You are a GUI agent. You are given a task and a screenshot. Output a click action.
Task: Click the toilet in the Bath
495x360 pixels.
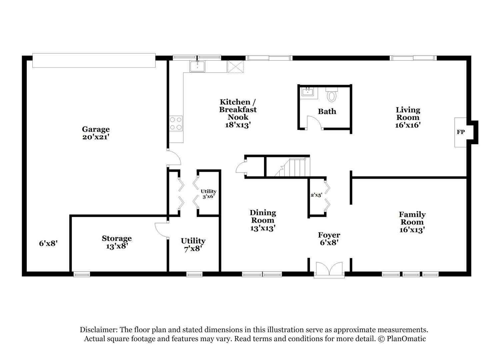tap(331, 94)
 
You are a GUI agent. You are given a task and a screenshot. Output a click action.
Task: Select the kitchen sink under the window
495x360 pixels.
tap(197, 66)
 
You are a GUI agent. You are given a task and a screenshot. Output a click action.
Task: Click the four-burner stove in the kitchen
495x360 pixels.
tap(176, 124)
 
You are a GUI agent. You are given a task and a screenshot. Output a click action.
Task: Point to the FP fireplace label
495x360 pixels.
tap(461, 132)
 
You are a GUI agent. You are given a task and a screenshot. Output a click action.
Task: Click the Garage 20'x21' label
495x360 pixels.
tap(96, 133)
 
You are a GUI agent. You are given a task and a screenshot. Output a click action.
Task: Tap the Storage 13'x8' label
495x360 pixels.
tap(117, 242)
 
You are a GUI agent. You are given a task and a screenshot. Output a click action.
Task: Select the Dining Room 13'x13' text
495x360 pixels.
tap(263, 220)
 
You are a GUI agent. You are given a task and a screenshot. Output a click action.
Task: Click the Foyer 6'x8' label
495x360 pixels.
tap(329, 239)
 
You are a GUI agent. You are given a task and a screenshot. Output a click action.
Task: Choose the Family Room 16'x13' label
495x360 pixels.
tap(412, 222)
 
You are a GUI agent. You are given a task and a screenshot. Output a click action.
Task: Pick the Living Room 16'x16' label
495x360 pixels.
tap(408, 117)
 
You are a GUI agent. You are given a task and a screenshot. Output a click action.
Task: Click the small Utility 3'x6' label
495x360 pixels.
tap(208, 194)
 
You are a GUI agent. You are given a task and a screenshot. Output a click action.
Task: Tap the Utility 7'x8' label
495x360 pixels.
tap(193, 245)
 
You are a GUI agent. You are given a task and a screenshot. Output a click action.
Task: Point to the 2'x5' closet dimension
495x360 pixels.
tap(316, 195)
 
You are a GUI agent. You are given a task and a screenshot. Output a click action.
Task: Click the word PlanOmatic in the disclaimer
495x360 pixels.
tap(406, 339)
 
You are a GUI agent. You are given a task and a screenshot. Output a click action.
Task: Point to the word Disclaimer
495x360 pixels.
tap(99, 330)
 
